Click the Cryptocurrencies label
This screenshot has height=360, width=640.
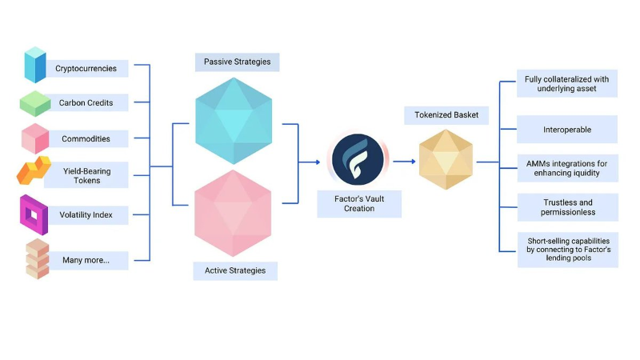pos(86,69)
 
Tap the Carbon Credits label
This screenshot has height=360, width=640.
pos(86,102)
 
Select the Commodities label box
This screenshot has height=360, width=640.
pos(86,138)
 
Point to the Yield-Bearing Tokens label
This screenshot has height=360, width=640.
pos(86,175)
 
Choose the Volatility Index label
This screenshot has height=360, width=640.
pos(86,215)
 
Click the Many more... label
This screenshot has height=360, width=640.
pos(86,261)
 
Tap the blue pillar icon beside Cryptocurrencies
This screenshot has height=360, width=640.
pos(35,65)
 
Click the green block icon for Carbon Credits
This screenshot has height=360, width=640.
pos(35,103)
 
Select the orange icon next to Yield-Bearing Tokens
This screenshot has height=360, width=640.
pos(34,170)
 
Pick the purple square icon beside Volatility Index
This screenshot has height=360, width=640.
pos(34,214)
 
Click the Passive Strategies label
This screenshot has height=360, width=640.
pos(237,62)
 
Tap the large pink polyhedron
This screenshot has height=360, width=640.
pos(233,214)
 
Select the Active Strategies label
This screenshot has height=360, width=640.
pos(235,271)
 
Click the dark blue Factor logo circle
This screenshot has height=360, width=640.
pos(358,159)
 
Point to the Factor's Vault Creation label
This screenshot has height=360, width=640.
pos(359,204)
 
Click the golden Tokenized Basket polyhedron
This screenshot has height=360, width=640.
pos(446,159)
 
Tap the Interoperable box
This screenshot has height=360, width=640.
pos(567,130)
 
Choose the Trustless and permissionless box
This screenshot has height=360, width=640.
pos(568,207)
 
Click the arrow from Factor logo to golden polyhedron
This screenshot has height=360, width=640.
pos(404,162)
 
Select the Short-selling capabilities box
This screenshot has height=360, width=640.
pos(568,250)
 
